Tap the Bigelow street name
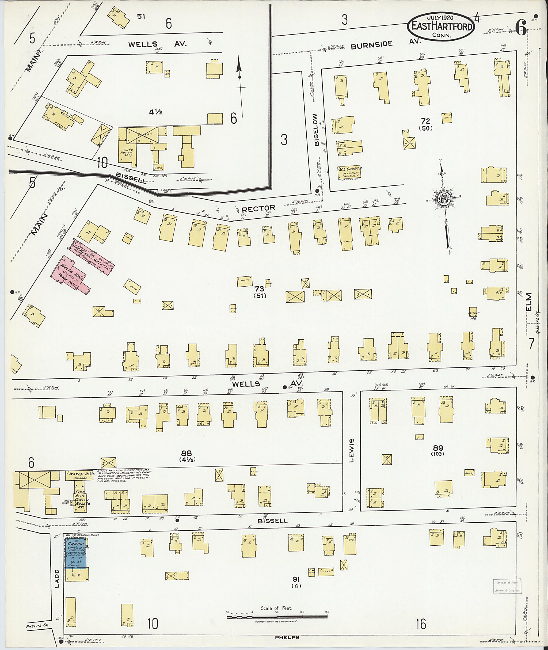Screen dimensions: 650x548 tap(316, 130)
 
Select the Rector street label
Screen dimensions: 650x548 tap(258, 208)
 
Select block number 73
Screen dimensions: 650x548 tap(259, 289)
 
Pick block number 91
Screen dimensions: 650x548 tap(296, 579)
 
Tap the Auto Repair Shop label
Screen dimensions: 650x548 tap(127, 153)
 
